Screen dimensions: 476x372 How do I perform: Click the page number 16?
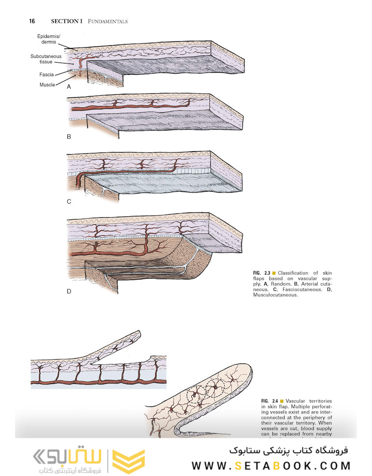tap(32, 21)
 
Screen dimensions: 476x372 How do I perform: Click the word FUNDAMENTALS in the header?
tap(108, 21)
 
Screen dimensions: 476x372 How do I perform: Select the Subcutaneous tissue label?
tap(46, 59)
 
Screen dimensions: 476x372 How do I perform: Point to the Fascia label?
tap(46, 74)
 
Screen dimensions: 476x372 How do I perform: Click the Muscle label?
tap(47, 85)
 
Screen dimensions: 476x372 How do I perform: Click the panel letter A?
tap(68, 87)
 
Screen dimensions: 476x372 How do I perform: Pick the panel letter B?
tap(69, 137)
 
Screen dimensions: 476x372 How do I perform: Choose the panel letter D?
tap(69, 291)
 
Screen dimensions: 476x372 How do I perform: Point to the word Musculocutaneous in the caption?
tap(275, 295)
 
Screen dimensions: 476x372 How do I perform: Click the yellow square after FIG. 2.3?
tap(274, 273)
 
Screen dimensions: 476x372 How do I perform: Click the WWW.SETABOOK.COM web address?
tap(271, 466)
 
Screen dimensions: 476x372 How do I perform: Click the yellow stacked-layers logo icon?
tap(128, 461)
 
